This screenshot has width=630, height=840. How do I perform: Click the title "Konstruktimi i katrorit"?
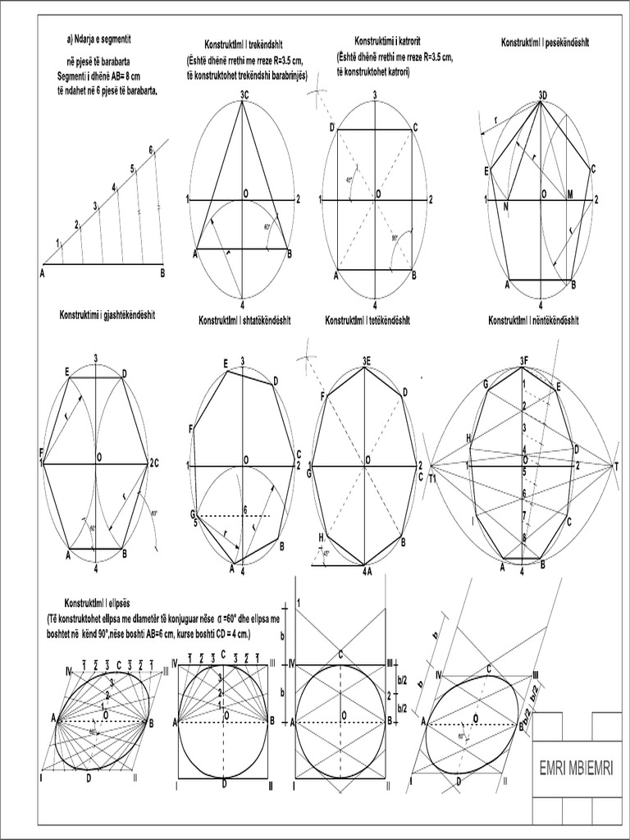(x=387, y=41)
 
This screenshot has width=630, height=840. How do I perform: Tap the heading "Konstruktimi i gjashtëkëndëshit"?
(x=108, y=314)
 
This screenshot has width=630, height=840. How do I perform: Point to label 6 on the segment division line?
(x=151, y=149)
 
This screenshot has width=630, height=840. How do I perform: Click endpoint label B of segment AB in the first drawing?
(x=163, y=273)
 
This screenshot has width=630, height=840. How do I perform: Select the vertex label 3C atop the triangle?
(x=244, y=94)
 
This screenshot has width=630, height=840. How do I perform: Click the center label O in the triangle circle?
(x=245, y=193)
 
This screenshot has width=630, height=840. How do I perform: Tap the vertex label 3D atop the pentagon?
(x=543, y=94)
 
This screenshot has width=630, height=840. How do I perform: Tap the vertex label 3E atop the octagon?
(x=366, y=360)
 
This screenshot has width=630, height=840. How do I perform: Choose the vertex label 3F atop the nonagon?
(x=523, y=360)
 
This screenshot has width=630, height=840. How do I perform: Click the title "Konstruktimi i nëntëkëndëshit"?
(x=539, y=319)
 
